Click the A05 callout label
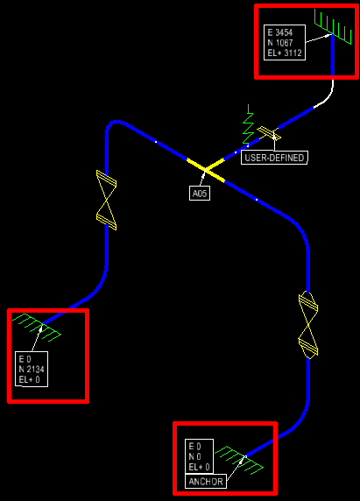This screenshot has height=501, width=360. click(x=200, y=194)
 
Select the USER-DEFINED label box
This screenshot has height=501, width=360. click(x=274, y=158)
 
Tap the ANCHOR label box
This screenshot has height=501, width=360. click(x=206, y=481)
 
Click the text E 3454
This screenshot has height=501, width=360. click(x=280, y=32)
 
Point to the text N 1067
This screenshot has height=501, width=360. click(x=280, y=43)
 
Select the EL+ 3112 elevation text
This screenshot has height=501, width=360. click(x=285, y=53)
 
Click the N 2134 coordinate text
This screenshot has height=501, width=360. click(x=32, y=370)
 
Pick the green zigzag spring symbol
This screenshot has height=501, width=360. click(x=248, y=125)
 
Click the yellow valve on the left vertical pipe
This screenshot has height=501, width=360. click(x=106, y=200)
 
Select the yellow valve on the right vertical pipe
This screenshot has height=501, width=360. click(x=308, y=325)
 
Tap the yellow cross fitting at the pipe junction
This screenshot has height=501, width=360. click(x=206, y=170)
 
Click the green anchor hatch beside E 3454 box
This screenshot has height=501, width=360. click(x=333, y=26)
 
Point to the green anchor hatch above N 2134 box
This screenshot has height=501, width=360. click(x=37, y=328)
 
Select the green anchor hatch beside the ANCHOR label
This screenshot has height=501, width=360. click(x=239, y=460)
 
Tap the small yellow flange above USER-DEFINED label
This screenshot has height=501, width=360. click(x=269, y=133)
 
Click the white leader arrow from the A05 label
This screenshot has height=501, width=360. click(x=202, y=179)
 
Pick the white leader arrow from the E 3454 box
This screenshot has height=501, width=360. click(x=319, y=38)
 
